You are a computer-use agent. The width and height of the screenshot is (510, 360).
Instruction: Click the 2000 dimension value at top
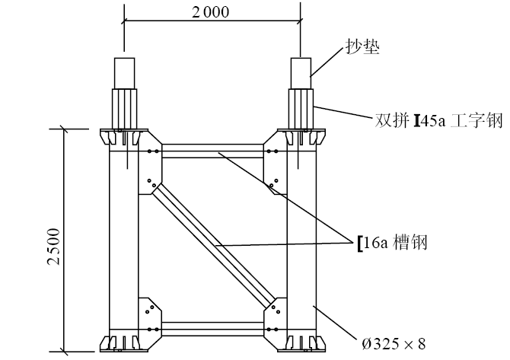211,12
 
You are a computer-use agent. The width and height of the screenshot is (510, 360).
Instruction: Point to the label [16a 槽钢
391,242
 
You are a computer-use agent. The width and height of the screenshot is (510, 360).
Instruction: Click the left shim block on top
123,72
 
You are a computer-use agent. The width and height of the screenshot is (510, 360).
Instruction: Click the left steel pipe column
123,244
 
